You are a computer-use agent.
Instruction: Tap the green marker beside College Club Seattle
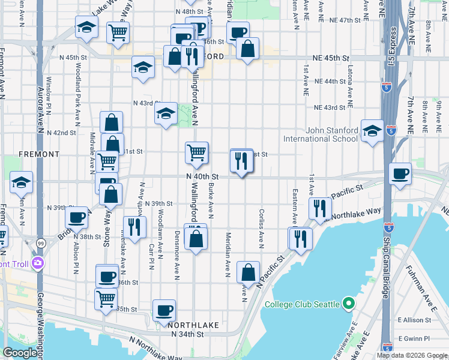tap(348, 304)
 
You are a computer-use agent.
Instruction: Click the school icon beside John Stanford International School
tap(372, 131)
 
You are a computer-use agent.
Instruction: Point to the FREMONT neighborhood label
tap(39, 154)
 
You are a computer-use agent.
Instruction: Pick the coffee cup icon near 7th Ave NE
tap(400, 174)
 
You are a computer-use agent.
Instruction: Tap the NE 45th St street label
tap(331, 58)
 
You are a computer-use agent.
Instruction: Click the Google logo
tap(20, 353)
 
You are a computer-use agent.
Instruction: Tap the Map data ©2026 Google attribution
tap(411, 355)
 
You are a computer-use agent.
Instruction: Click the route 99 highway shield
tap(41, 242)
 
